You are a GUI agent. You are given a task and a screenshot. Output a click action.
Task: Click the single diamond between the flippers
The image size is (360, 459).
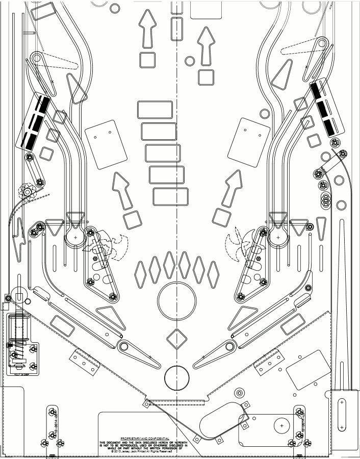click(176, 339)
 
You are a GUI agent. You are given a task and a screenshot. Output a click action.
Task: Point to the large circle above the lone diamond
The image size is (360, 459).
click(176, 300)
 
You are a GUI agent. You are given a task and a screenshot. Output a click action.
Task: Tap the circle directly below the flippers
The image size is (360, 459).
click(176, 378)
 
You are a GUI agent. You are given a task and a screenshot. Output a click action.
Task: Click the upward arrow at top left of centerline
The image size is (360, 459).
click(148, 28)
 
